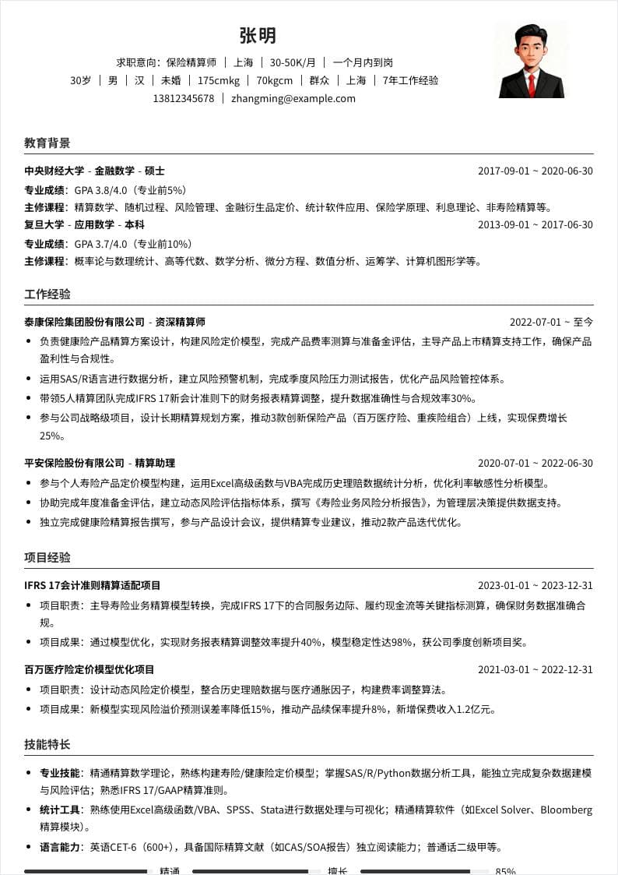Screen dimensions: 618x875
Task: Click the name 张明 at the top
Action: [x=258, y=36]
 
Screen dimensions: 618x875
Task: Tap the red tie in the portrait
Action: [x=532, y=83]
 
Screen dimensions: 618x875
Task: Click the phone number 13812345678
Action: [x=184, y=99]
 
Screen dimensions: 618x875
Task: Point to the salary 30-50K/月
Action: [x=288, y=62]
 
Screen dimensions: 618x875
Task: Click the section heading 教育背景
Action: [x=47, y=143]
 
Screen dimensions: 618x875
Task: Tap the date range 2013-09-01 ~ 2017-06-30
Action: [x=535, y=225]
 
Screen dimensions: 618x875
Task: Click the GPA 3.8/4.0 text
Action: [x=100, y=190]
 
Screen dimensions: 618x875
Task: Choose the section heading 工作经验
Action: [x=47, y=295]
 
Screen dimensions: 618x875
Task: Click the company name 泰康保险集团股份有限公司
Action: [x=85, y=322]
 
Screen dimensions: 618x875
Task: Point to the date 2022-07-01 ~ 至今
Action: [x=551, y=322]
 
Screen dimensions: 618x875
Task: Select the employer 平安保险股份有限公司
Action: [x=74, y=464]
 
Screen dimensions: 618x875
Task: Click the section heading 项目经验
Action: [x=47, y=558]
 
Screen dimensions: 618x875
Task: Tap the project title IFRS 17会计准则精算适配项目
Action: [x=93, y=586]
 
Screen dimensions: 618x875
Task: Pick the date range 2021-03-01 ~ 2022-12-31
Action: [x=535, y=670]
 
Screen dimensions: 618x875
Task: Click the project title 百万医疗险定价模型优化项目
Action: [x=90, y=670]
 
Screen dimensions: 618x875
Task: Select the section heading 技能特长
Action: [x=47, y=745]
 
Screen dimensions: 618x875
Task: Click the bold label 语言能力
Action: [x=60, y=848]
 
